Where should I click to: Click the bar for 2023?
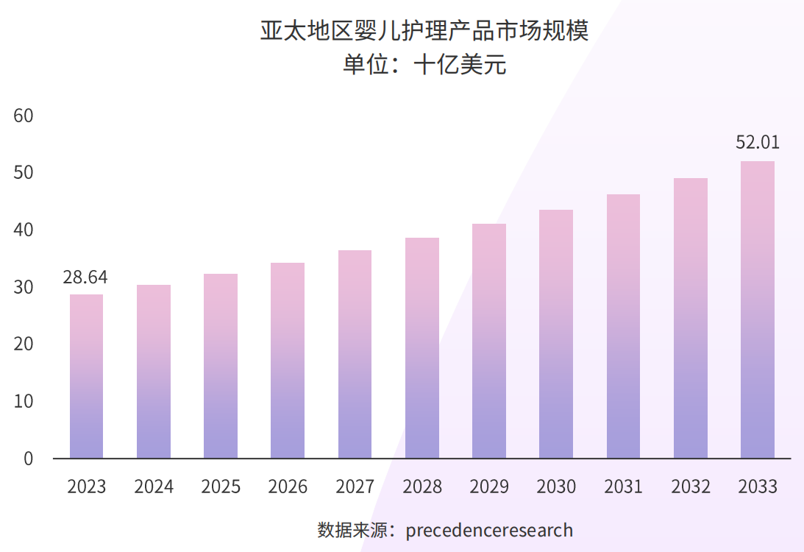click(86, 376)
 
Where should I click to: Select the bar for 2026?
click(288, 361)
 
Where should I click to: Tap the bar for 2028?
click(422, 348)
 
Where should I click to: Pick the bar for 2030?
click(556, 334)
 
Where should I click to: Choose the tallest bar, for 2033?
click(758, 310)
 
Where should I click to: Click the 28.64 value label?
click(85, 277)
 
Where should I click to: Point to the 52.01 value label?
click(758, 142)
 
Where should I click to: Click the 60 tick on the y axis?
click(24, 116)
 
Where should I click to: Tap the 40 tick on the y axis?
click(24, 230)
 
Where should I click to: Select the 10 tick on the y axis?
click(24, 401)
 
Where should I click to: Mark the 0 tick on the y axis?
click(28, 459)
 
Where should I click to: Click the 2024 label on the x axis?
click(154, 486)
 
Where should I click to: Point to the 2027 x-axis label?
click(355, 486)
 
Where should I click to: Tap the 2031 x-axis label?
click(623, 486)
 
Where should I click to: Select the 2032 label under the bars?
click(691, 486)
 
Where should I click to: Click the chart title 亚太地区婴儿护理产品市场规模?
click(424, 31)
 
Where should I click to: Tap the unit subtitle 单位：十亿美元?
click(424, 65)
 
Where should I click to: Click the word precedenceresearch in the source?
click(489, 530)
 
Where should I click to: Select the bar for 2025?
click(221, 366)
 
